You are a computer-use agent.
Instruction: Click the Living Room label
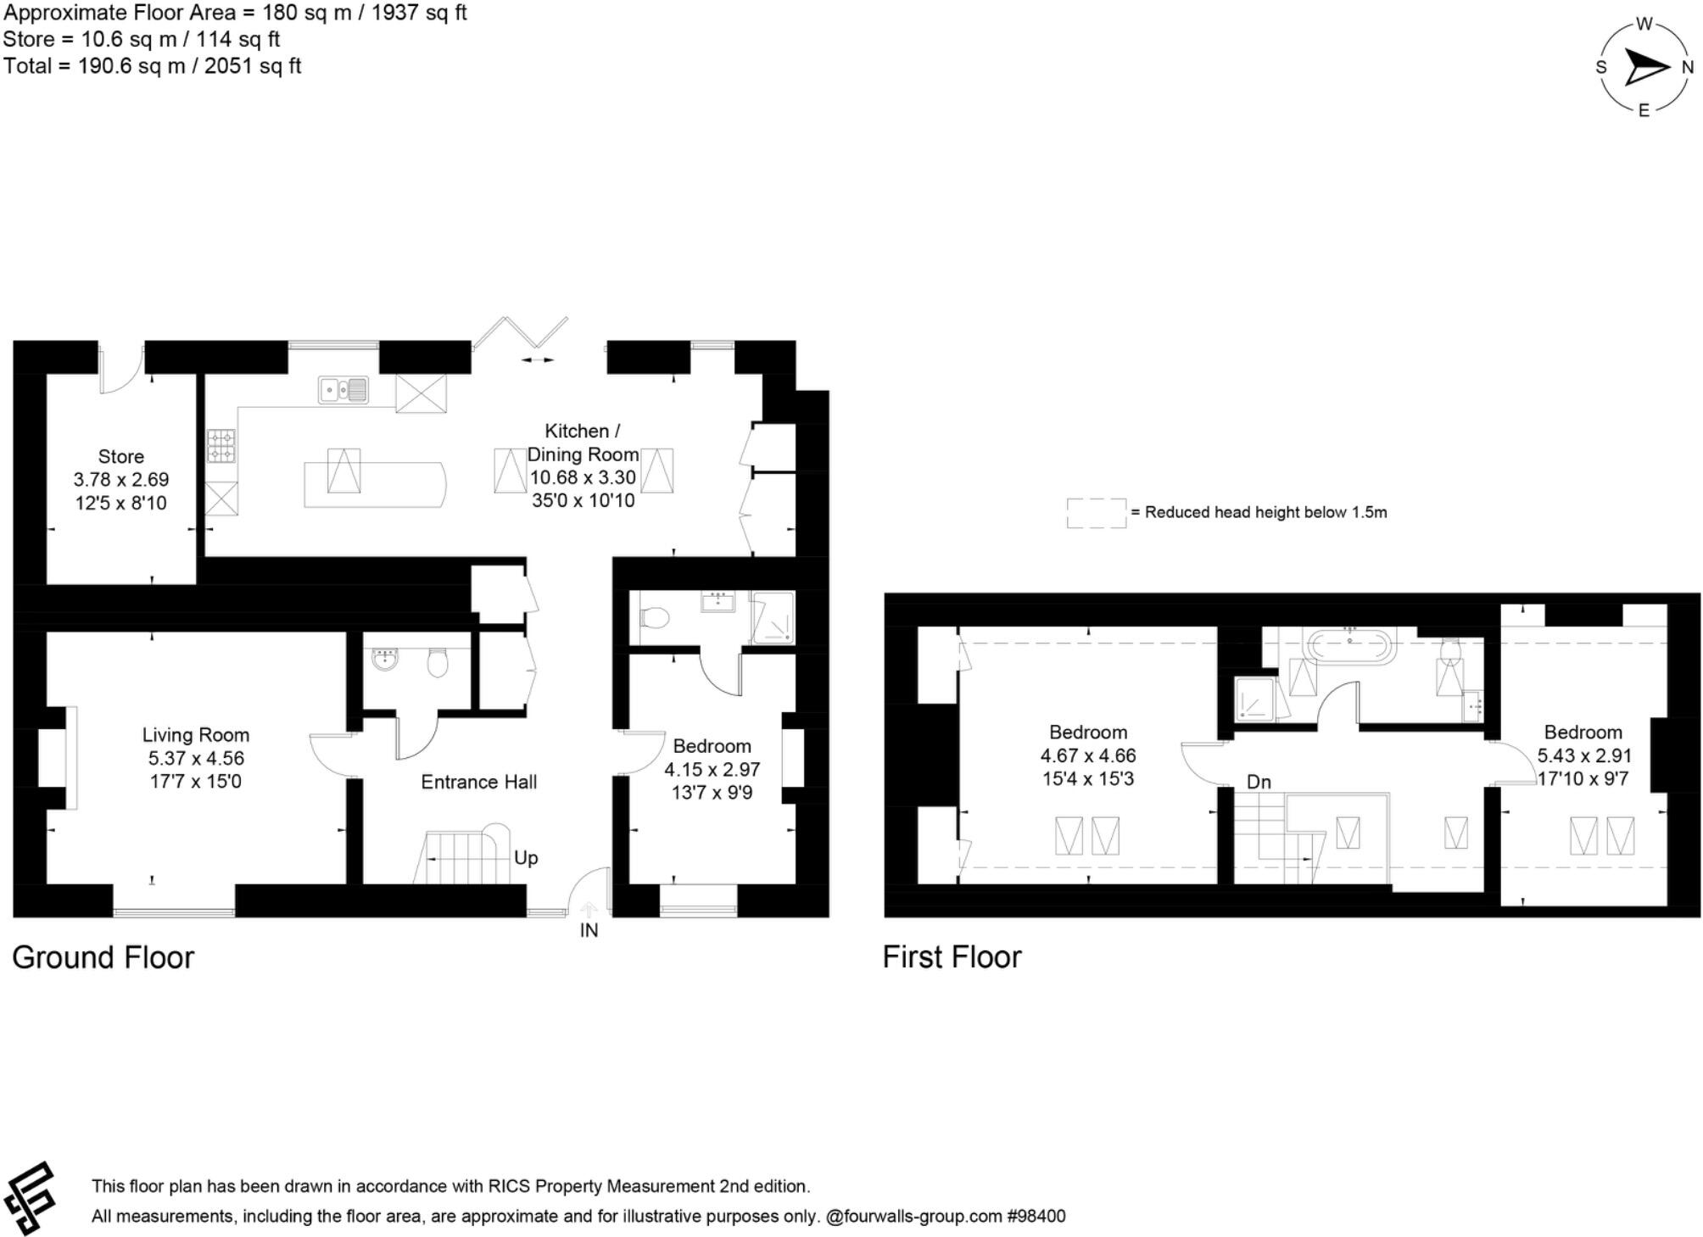click(195, 735)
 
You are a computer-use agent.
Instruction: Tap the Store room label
click(120, 457)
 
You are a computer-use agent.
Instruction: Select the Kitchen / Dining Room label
click(583, 442)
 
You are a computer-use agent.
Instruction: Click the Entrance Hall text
click(478, 782)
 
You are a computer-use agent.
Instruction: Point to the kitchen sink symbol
click(343, 390)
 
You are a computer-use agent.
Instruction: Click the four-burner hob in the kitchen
click(221, 445)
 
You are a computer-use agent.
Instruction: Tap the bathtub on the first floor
click(1349, 646)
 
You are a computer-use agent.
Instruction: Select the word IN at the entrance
click(589, 930)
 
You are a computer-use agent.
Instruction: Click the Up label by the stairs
click(526, 858)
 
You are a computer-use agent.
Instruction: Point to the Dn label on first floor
click(1259, 782)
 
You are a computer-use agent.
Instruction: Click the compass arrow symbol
click(1644, 67)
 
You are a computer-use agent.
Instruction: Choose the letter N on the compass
click(1687, 68)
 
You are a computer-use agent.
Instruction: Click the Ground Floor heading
click(103, 957)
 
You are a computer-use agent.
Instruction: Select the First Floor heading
click(952, 957)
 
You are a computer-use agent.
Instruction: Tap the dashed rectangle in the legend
click(1096, 513)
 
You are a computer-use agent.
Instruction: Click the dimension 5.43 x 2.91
click(1583, 755)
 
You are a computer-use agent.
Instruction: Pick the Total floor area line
click(152, 66)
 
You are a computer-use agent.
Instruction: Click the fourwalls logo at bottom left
click(30, 1198)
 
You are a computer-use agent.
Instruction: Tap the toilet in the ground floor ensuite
click(654, 617)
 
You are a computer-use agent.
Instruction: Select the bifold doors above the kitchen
click(520, 333)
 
